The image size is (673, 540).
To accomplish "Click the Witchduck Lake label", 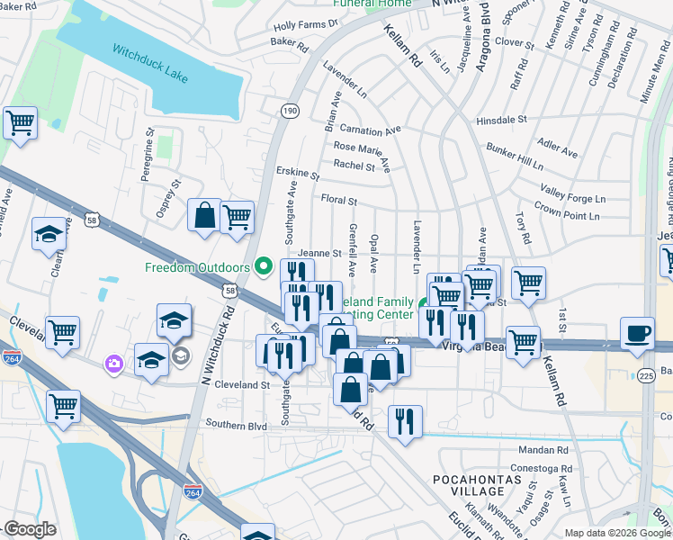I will (150, 63).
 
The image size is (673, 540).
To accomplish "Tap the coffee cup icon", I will (638, 332).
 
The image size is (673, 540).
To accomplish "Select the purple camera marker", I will (114, 364).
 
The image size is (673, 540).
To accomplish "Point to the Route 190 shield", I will (289, 110).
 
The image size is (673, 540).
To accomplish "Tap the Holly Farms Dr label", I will (305, 25).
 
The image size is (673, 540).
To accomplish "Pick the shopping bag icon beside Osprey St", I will (204, 215).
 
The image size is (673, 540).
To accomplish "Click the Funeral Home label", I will (372, 4).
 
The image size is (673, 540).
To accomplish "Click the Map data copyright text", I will (616, 533).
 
